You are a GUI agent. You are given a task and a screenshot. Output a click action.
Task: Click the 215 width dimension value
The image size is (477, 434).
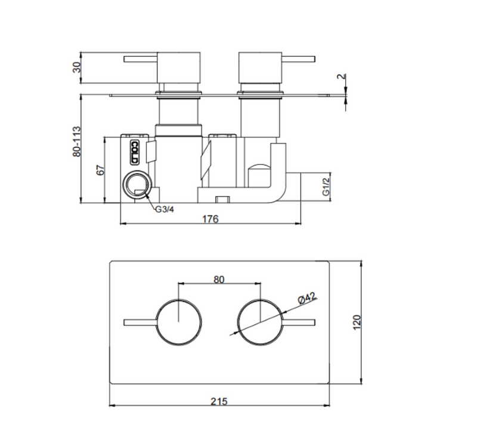[219, 401]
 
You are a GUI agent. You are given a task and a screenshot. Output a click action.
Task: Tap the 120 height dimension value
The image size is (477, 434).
[357, 322]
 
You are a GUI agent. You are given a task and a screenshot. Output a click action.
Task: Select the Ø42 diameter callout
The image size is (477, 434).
[307, 298]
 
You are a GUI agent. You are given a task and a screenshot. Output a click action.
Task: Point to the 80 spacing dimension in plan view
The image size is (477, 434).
[219, 280]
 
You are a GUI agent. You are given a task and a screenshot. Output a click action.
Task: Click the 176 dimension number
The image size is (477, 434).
[210, 219]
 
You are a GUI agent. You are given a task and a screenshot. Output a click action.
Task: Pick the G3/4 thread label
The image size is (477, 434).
[165, 210]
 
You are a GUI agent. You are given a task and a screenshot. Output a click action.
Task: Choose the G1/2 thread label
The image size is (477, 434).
[326, 187]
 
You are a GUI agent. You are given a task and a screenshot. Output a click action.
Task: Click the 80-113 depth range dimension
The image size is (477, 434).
[77, 141]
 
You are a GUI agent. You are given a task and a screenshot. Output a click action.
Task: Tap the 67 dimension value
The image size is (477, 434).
[100, 170]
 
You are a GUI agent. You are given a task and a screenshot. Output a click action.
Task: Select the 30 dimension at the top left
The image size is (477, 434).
[77, 67]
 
